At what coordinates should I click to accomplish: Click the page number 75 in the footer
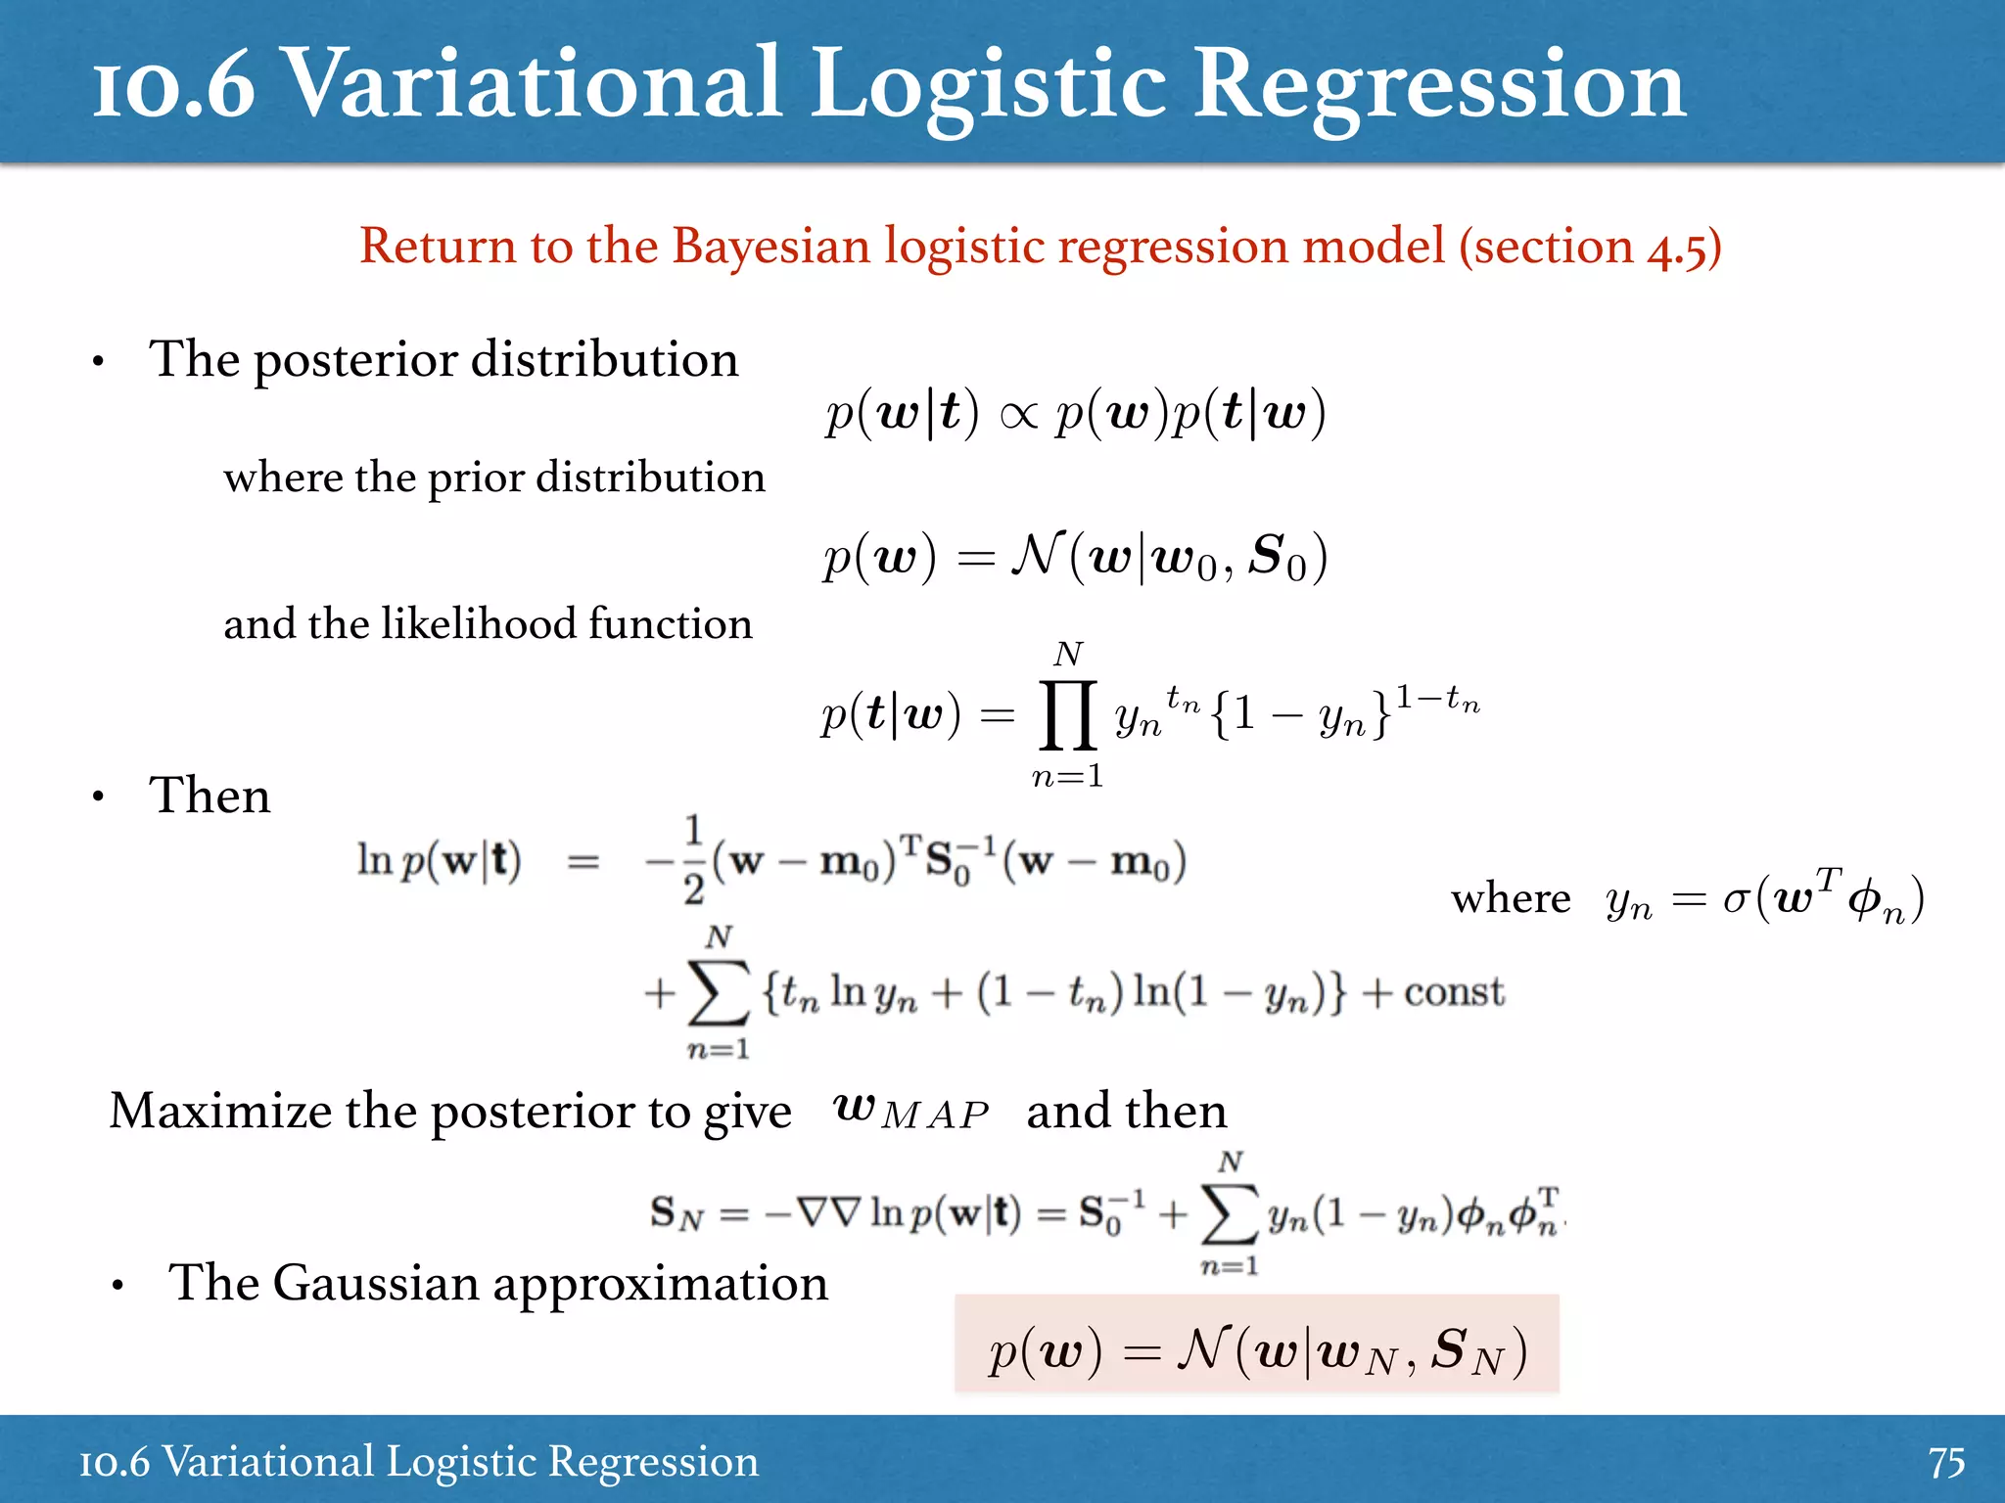pos(1946,1463)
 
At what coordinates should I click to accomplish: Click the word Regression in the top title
pos(1439,86)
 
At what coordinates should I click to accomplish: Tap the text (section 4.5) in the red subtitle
pos(1590,246)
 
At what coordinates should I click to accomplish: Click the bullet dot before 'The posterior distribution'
pos(98,363)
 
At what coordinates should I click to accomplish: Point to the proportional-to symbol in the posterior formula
pos(1018,416)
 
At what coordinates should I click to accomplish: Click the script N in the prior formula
pos(1036,555)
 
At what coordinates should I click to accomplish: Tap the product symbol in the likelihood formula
pos(1067,714)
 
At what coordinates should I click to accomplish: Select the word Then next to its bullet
pos(210,795)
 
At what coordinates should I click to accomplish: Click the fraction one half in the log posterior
pos(693,860)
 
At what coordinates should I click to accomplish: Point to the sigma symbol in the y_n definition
pos(1735,898)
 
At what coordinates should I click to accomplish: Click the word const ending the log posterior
pos(1454,992)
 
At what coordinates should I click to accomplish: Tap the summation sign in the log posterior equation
pos(719,993)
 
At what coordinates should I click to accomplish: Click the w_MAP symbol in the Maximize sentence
pos(910,1111)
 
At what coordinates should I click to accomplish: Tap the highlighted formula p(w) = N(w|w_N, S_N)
pos(1257,1351)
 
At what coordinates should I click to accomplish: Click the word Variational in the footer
pos(267,1463)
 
